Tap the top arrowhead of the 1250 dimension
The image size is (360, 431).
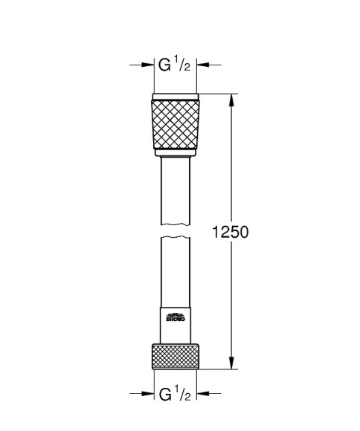pos(234,100)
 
